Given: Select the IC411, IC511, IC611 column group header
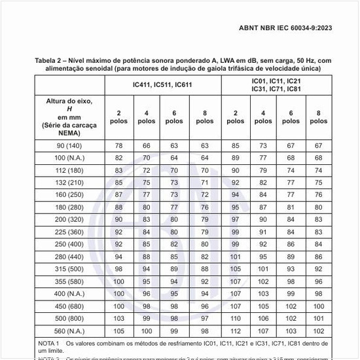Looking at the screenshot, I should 162,84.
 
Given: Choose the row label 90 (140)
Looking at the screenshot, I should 69,145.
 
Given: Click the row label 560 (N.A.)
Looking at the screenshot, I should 69,331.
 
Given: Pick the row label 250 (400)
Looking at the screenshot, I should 69,244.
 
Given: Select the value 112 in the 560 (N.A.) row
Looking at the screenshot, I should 236,331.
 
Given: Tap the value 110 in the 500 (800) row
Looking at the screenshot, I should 236,319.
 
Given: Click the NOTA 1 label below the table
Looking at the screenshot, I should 49,343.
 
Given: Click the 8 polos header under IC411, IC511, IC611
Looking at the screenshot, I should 204,117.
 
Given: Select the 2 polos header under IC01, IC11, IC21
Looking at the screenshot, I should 236,117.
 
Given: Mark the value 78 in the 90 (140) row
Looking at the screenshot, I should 119,145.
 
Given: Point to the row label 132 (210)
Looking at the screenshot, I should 69,183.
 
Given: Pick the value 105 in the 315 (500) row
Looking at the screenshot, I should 236,269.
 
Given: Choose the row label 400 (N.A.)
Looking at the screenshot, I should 69,294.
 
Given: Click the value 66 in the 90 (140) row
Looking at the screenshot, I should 147,145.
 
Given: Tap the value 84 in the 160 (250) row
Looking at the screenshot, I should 263,194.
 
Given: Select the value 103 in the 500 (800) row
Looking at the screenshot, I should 119,319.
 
